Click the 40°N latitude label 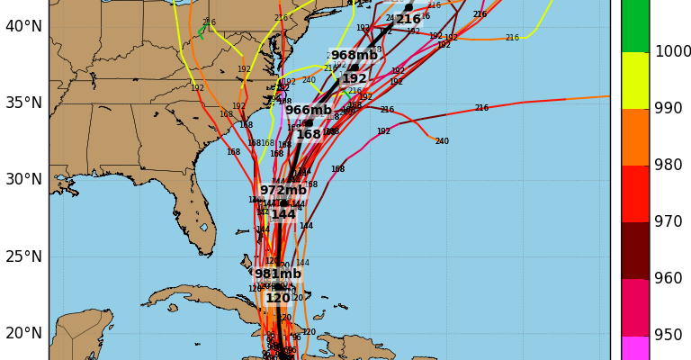pyautogui.click(x=24, y=26)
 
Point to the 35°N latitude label pyautogui.click(x=24, y=103)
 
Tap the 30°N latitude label pyautogui.click(x=24, y=179)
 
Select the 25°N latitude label pyautogui.click(x=24, y=256)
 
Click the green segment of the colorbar pyautogui.click(x=635, y=25)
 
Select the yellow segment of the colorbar pyautogui.click(x=635, y=81)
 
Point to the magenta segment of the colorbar pyautogui.click(x=635, y=348)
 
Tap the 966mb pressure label pyautogui.click(x=309, y=111)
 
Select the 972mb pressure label pyautogui.click(x=283, y=191)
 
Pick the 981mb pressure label pyautogui.click(x=278, y=274)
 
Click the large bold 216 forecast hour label pyautogui.click(x=408, y=20)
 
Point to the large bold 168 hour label pyautogui.click(x=309, y=135)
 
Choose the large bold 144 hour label pyautogui.click(x=283, y=215)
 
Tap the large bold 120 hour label pyautogui.click(x=278, y=299)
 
